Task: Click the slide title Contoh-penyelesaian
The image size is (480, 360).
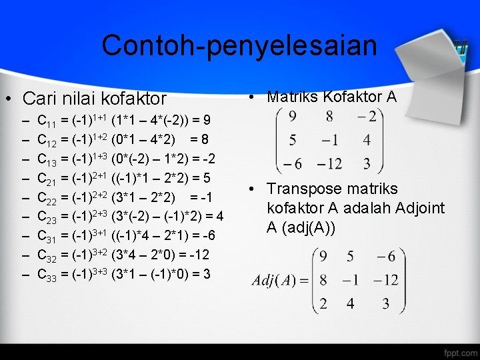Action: (239, 45)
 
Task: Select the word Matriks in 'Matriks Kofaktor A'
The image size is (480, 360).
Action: (291, 97)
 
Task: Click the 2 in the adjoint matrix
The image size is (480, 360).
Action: (323, 304)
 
